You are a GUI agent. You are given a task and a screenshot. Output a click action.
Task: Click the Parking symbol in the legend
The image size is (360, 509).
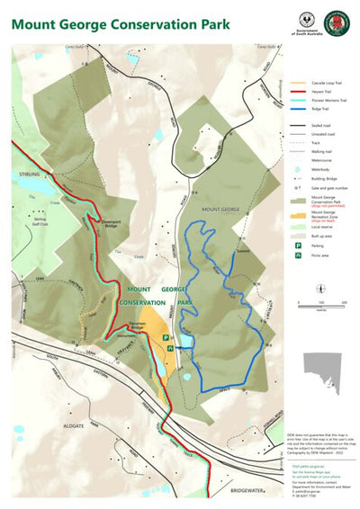[293, 245]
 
